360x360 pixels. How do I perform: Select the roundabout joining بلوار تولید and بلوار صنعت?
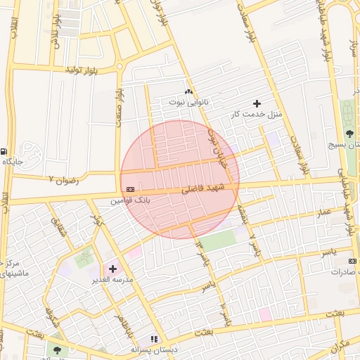click(x=119, y=68)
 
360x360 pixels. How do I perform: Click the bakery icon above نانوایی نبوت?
click(x=188, y=92)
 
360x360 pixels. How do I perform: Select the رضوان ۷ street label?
click(x=60, y=180)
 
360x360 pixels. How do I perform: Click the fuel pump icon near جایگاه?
click(x=5, y=151)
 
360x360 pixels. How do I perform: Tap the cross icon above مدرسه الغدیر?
click(x=112, y=269)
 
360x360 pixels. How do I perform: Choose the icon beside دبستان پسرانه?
click(x=154, y=339)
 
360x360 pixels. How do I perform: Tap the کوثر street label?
click(x=98, y=221)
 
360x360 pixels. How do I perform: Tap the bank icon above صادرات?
click(x=353, y=261)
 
